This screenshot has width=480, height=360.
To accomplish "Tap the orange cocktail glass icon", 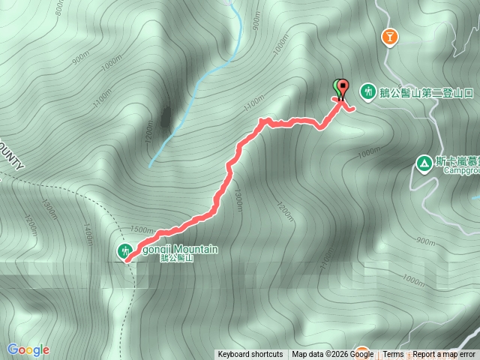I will (x=389, y=37).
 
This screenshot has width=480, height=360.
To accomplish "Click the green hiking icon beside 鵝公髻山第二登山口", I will (x=367, y=91).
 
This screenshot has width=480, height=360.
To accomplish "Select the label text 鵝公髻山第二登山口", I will (x=427, y=92).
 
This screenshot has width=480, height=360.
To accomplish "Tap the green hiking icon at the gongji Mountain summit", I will (x=124, y=250).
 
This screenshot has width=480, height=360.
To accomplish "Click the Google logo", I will (x=28, y=349).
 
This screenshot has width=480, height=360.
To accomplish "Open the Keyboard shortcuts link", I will (x=250, y=355).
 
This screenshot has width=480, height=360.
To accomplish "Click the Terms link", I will (x=393, y=355).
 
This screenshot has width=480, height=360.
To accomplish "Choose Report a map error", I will (x=445, y=355).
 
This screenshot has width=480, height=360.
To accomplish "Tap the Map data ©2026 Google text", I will (x=332, y=355).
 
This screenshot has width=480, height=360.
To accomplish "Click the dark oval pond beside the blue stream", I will (x=164, y=117).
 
